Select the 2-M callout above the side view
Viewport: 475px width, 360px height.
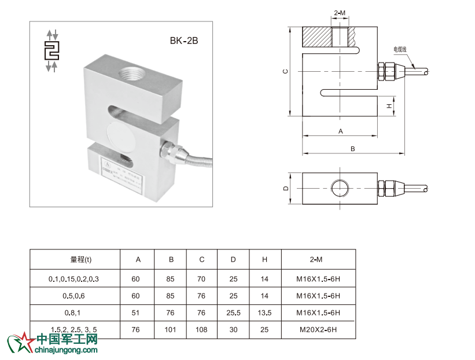[341, 13]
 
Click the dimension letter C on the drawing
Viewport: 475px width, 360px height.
[285, 71]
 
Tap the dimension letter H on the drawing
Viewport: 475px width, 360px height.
[390, 105]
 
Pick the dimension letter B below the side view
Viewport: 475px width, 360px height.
[352, 149]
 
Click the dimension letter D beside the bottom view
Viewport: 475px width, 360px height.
[285, 189]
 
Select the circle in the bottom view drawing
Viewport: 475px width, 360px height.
[340, 189]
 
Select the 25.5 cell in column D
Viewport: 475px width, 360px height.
[233, 313]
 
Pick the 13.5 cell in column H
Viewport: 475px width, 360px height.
[264, 313]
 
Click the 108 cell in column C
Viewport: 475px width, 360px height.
[201, 330]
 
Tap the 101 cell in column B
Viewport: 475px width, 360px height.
[171, 330]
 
